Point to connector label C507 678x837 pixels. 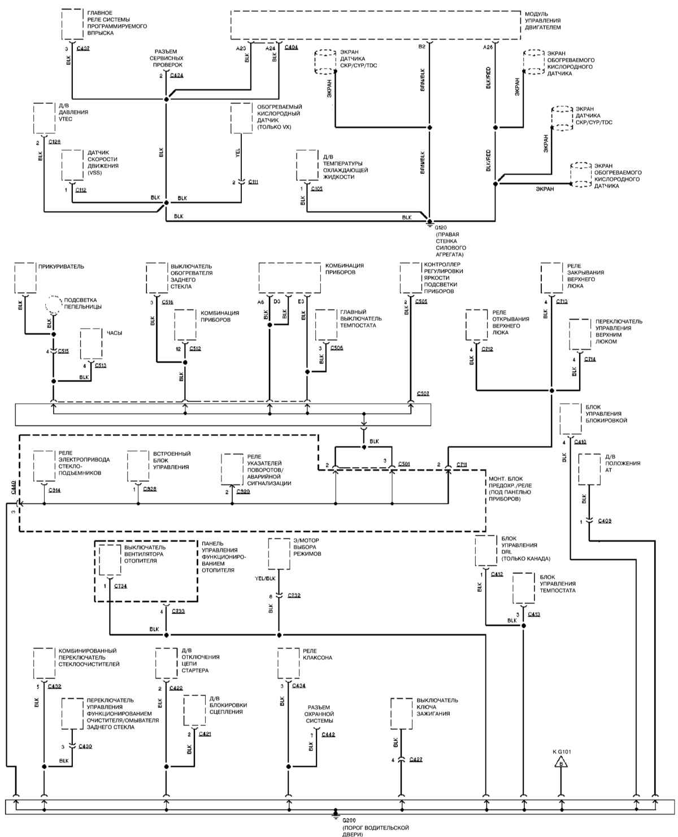(423, 393)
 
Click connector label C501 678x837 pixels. (403, 464)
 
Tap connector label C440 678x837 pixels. (13, 490)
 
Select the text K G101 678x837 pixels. (562, 752)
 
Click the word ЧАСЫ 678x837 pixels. (115, 333)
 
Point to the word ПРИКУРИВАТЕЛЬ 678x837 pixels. (61, 266)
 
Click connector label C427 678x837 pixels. (415, 760)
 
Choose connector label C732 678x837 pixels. (294, 596)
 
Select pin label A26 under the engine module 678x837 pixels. (488, 47)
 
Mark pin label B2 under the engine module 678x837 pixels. (421, 47)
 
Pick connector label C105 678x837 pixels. (316, 189)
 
